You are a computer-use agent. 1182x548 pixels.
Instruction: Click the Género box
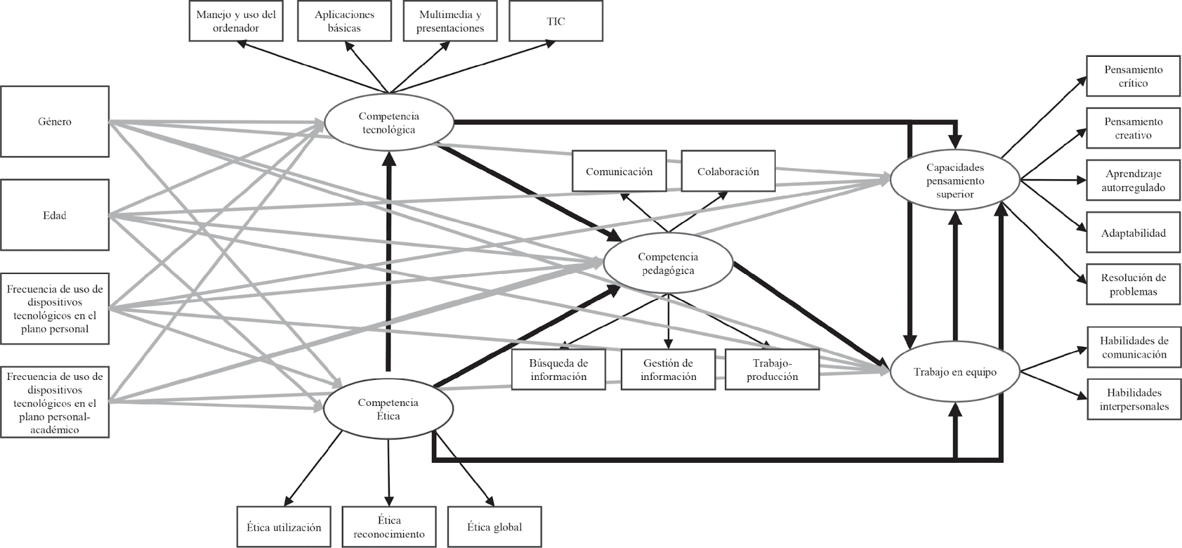54,121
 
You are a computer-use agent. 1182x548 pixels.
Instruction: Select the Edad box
54,215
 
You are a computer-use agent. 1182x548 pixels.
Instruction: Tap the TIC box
556,21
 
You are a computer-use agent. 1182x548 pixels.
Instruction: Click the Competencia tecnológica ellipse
388,123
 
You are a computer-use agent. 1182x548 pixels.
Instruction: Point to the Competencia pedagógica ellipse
668,263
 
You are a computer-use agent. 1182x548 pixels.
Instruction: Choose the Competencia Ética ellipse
388,409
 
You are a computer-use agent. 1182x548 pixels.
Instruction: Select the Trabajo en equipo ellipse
955,372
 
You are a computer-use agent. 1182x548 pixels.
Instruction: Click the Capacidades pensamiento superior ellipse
955,180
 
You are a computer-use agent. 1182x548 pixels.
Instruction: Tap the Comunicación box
619,172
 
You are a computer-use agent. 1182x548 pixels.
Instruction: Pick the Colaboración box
728,172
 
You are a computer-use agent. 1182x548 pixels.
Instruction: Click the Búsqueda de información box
558,370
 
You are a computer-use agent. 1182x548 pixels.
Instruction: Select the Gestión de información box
668,370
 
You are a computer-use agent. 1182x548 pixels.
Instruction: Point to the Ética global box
494,527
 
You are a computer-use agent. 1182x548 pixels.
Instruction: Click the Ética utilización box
284,527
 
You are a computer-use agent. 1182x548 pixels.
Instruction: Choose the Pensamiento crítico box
1133,76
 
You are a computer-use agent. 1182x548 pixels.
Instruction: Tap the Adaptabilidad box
1133,233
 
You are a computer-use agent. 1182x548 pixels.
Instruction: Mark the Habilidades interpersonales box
1134,399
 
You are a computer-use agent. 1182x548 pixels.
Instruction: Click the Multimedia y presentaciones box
450,21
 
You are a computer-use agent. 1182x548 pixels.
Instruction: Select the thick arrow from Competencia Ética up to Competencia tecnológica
388,260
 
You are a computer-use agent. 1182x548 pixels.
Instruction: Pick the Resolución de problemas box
1133,285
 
